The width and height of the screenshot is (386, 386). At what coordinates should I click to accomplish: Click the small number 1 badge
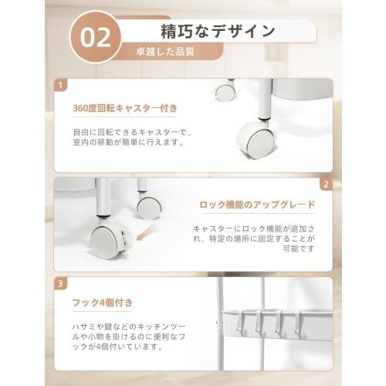point(61,86)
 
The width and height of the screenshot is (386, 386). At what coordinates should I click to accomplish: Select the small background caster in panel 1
point(225,91)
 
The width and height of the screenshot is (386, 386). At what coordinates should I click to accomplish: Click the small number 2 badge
point(326,185)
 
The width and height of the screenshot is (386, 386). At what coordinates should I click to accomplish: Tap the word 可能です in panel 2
point(300,250)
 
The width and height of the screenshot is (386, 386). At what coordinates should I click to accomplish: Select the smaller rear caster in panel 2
point(148,206)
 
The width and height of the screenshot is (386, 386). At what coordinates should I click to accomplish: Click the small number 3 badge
point(61,283)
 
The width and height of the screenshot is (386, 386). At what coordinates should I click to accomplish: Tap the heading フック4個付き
point(91,303)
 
